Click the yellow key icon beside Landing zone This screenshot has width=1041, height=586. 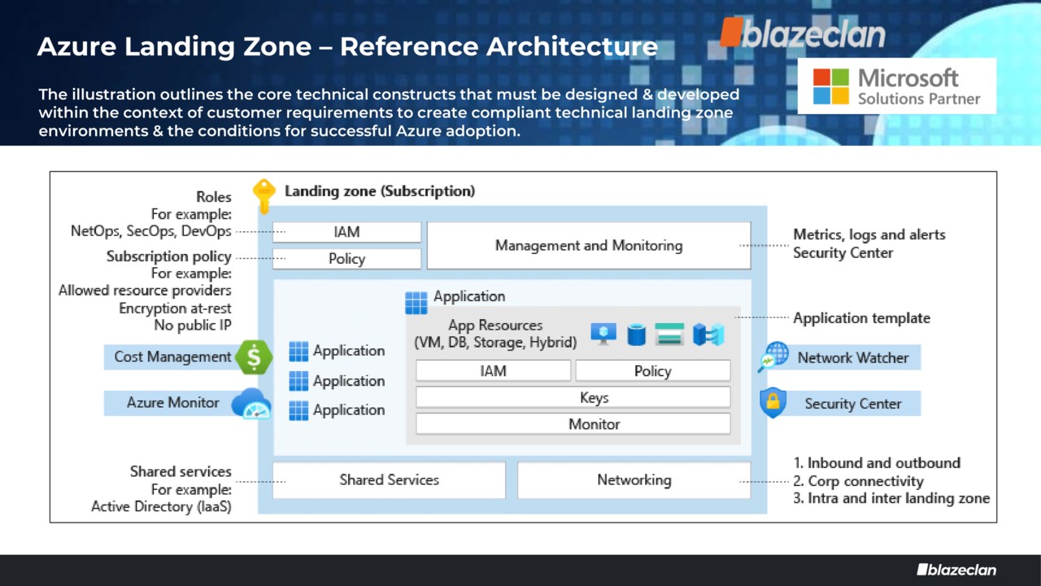pos(264,196)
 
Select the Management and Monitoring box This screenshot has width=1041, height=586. pos(588,245)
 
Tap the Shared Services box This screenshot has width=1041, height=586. pos(389,479)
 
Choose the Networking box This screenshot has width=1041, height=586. pos(634,479)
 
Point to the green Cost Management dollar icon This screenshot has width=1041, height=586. pos(254,356)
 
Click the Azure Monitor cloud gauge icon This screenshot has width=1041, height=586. pos(250,403)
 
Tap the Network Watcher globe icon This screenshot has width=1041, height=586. pos(773,356)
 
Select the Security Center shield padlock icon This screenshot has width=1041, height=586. pos(773,403)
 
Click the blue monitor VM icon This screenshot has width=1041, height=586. pos(603,334)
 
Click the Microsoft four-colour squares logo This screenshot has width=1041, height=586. pos(830,86)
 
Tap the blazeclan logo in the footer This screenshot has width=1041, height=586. pos(956,570)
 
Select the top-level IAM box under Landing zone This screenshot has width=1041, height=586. pos(346,232)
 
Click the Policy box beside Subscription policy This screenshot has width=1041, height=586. pos(346,259)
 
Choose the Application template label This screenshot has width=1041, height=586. pos(861,317)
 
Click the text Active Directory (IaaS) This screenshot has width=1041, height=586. pos(161,506)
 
